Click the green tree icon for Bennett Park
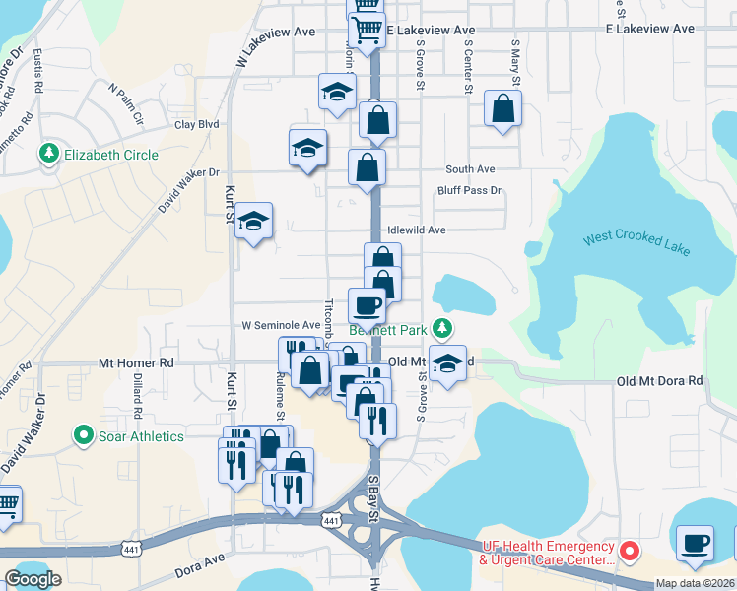[x=444, y=328]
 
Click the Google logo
[x=33, y=579]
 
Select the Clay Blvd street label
[x=196, y=125]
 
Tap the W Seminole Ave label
[x=282, y=324]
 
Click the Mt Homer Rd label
[x=136, y=362]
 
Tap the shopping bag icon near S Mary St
[x=502, y=109]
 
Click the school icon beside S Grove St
[x=447, y=363]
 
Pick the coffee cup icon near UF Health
[x=696, y=543]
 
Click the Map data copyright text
[x=695, y=583]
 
